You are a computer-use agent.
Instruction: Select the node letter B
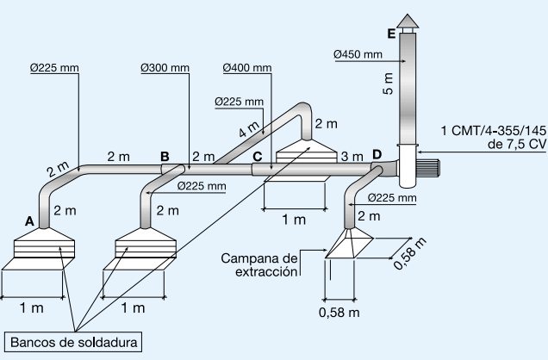(165, 156)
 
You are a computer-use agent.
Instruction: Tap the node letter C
(258, 156)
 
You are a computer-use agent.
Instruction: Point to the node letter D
(377, 155)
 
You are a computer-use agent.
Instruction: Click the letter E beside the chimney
(392, 34)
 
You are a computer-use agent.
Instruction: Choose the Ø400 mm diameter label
(246, 66)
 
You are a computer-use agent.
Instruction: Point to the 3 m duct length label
(351, 157)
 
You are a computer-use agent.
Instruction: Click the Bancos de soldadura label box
(74, 343)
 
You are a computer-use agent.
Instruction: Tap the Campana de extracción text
(259, 264)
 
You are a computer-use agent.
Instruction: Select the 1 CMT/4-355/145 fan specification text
(492, 138)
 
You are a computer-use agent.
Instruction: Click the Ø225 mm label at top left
(53, 66)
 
